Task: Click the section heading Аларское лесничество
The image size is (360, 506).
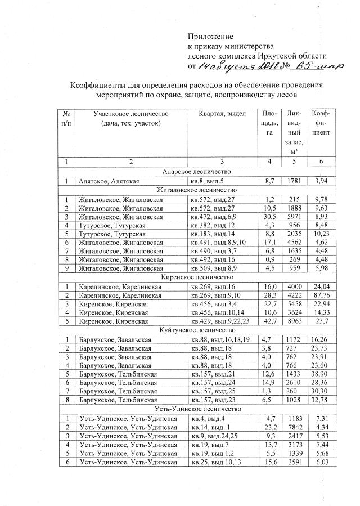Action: pos(196,172)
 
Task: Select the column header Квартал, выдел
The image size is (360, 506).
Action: pos(223,114)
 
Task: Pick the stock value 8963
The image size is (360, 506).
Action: pos(295,321)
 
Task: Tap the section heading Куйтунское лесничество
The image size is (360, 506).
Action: pos(196,330)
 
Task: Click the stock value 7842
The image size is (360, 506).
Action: pos(295,428)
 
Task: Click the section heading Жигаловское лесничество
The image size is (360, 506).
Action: pos(196,190)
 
